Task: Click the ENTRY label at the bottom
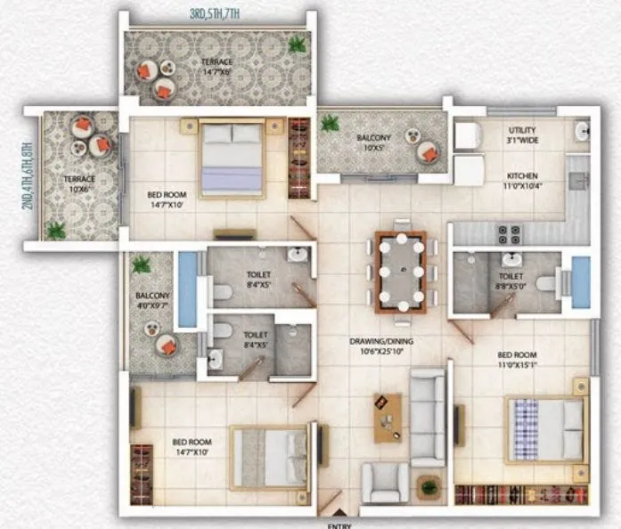339,525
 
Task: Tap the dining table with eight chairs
401,271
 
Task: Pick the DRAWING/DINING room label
382,346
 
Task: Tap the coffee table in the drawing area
388,417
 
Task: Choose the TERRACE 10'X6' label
79,183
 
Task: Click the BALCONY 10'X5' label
373,142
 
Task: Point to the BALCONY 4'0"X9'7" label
151,299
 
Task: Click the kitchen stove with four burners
509,233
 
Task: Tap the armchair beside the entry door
385,484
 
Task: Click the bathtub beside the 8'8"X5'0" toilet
581,281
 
